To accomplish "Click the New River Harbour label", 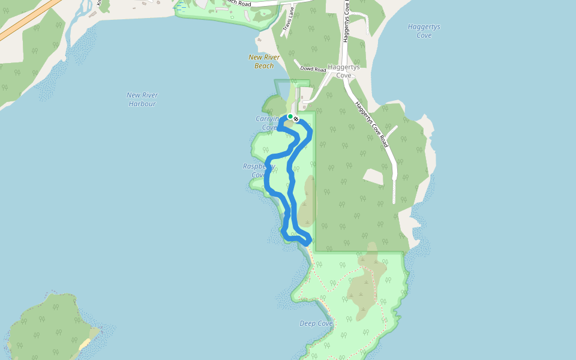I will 142,99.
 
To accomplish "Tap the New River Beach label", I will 264,61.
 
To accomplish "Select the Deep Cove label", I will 316,323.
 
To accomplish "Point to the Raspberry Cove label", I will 259,170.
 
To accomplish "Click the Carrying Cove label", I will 266,123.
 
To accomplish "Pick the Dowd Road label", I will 314,70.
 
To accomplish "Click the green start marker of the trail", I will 290,116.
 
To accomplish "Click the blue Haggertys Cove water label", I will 424,31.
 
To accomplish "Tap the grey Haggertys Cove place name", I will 343,71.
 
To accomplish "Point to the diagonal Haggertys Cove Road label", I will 371,124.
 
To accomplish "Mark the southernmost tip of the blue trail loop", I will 306,242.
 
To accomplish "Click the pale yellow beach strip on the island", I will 85,344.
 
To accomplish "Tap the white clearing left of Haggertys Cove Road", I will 373,176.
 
